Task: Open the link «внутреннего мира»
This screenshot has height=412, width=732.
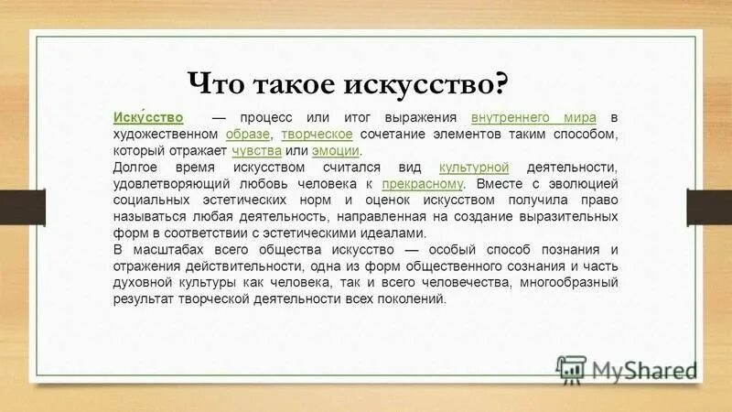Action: point(535,119)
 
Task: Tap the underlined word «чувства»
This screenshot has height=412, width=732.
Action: point(256,150)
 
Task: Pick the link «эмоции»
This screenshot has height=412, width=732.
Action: point(336,150)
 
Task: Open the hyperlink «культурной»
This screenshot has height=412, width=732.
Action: point(474,168)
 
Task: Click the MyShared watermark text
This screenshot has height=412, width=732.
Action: point(644,370)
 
